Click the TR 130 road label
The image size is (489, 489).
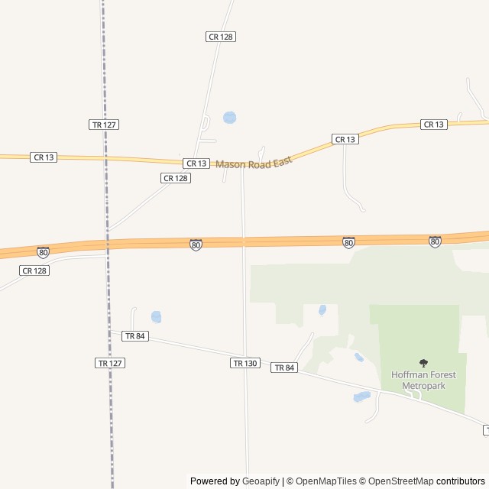tap(244, 363)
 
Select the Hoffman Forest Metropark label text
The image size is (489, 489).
tap(417, 380)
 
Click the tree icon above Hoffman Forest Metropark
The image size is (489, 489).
tap(423, 363)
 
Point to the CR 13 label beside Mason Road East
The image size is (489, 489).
tap(196, 164)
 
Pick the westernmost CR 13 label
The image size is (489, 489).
tap(43, 157)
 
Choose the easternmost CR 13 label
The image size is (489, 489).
tap(433, 125)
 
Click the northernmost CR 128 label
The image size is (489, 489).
tap(220, 37)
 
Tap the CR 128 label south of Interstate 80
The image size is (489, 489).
tap(34, 270)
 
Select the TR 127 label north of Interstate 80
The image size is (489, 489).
tap(104, 125)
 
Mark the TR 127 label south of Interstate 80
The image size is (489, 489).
tap(110, 363)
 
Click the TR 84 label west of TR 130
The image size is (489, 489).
tap(134, 336)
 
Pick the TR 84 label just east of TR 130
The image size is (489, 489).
tap(283, 368)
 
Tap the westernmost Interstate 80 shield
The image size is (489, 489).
tap(43, 251)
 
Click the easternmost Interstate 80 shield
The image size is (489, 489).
tap(435, 241)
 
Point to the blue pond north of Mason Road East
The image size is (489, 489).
tap(229, 118)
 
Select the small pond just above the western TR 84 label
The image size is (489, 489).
tap(156, 316)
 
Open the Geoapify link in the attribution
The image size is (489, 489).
tap(261, 481)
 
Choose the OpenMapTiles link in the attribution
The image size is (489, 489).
tap(325, 481)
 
